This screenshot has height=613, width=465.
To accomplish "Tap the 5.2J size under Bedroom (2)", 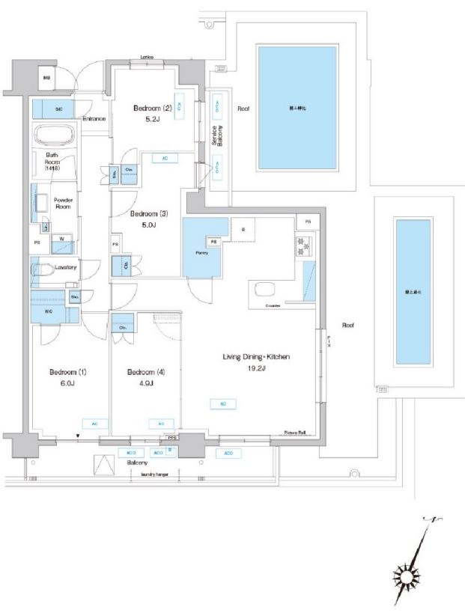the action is coord(152,118).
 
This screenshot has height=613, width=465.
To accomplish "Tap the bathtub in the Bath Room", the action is coord(55,136).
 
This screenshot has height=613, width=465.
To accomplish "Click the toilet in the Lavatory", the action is coord(44,269).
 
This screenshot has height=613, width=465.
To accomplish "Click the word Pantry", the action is coord(202,252).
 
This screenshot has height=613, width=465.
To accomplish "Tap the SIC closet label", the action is coord(58,109).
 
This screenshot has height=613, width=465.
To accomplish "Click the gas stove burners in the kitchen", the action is coord(305,243).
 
